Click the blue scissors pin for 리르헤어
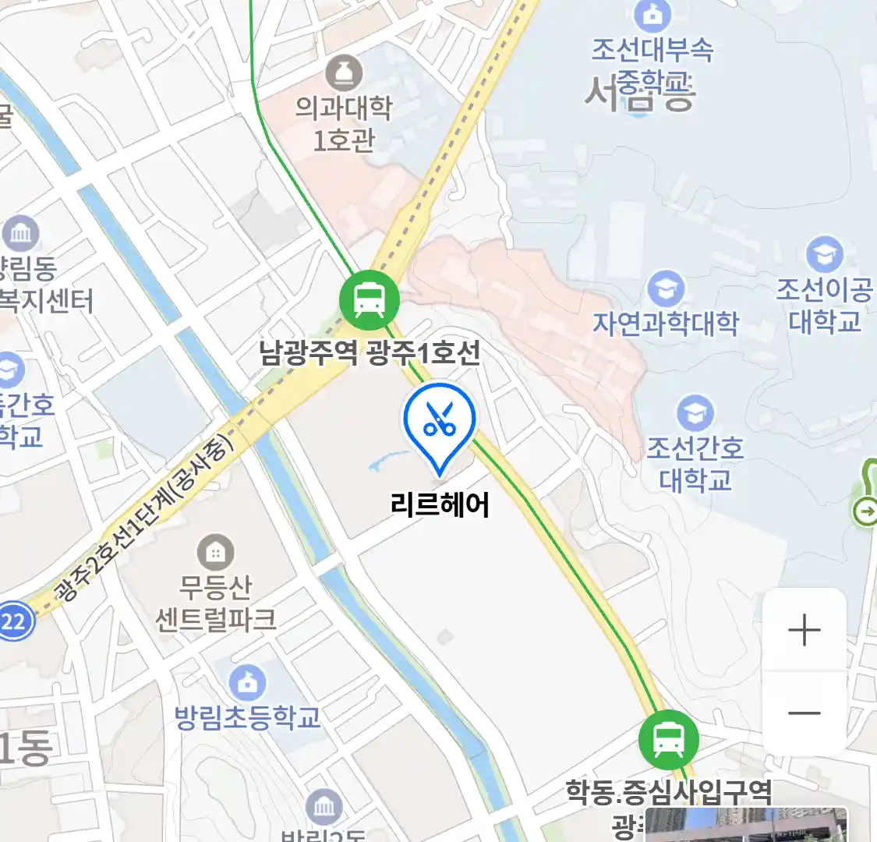pos(440,422)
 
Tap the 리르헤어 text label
pos(440,505)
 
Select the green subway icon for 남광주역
pos(370,299)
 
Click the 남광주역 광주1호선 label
pos(370,353)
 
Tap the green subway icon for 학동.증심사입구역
pos(668,739)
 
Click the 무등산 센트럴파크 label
pos(216,603)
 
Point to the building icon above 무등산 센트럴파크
pos(216,553)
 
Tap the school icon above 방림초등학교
pos(248,683)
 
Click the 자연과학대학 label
pos(666,323)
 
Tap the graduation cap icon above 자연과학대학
pos(666,289)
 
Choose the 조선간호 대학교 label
pos(695,463)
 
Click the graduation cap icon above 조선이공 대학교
pos(824,254)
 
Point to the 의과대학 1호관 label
pos(344,123)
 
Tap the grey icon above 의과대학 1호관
pos(344,73)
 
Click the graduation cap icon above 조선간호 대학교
pos(695,413)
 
